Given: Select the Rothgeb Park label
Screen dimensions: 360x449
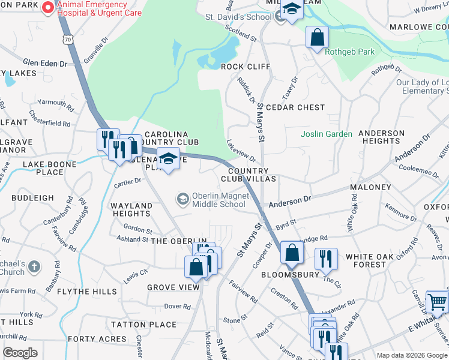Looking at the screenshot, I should click(349, 52).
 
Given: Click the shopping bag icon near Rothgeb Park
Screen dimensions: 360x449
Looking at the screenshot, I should click(317, 37).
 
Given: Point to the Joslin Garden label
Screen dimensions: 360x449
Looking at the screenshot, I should click(327, 134).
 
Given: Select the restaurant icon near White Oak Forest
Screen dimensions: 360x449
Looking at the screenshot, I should click(326, 258).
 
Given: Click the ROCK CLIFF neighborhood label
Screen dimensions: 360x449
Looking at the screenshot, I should click(246, 67).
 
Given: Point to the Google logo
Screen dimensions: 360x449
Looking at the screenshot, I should click(20, 353).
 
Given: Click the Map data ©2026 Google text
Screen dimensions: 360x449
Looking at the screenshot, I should click(412, 355).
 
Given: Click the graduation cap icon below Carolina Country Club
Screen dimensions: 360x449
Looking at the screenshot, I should click(169, 159).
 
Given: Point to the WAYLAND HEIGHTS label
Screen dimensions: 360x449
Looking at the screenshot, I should click(131, 209).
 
